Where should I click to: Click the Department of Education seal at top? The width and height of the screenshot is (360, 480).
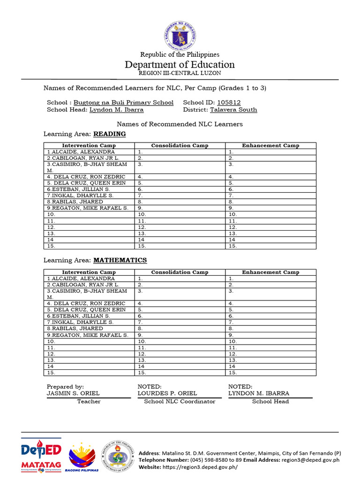tap(180, 34)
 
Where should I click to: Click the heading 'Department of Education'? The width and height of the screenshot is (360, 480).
tap(180, 65)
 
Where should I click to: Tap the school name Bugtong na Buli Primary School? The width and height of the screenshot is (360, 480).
tap(123, 102)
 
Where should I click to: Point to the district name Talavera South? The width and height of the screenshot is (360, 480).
tap(233, 110)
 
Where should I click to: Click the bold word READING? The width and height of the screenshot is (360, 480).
tap(110, 134)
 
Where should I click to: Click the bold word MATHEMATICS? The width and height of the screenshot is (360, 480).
tap(120, 260)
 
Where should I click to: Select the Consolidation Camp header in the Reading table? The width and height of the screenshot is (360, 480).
tap(180, 146)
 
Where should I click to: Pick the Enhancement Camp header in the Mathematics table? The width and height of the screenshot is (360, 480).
tap(270, 272)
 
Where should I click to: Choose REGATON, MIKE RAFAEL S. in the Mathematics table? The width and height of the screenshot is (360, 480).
tap(88, 335)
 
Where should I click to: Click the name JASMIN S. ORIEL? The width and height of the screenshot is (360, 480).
tap(73, 393)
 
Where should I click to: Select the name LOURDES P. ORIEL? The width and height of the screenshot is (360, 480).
tap(167, 393)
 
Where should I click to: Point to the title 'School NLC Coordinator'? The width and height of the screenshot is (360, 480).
tap(180, 401)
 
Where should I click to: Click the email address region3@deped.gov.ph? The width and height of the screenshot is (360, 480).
tap(310, 460)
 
